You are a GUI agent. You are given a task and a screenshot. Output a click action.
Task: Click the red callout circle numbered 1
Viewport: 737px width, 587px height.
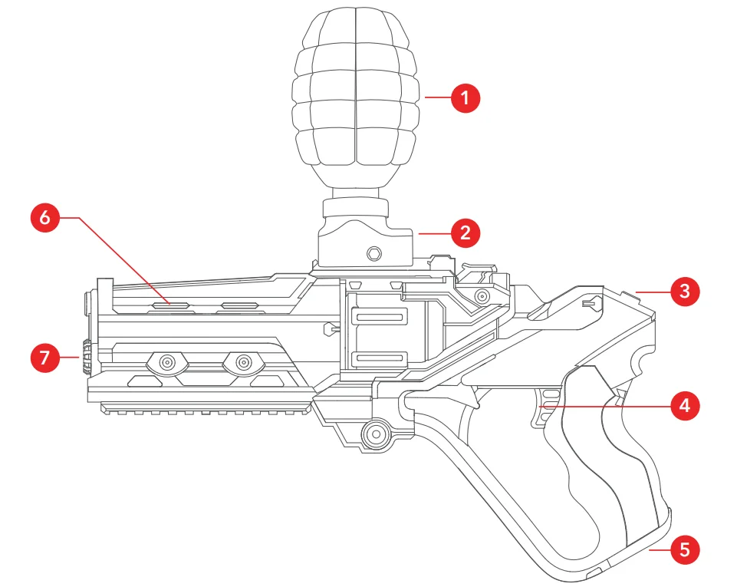pos(465,98)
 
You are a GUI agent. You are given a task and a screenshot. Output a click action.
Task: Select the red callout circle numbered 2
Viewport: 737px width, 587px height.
pos(465,231)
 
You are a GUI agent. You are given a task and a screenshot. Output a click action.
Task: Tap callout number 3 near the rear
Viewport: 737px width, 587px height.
pos(684,291)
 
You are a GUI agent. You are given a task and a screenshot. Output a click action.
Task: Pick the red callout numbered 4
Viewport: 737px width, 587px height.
pos(684,404)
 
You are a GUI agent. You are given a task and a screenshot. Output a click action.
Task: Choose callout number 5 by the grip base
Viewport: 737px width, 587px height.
pos(684,549)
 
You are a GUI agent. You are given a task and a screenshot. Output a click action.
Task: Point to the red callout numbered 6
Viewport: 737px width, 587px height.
pos(45,218)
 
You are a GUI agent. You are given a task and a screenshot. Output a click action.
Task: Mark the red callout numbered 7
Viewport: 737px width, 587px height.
pos(45,357)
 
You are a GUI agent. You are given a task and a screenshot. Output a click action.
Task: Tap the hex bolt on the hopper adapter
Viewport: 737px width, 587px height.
pos(373,252)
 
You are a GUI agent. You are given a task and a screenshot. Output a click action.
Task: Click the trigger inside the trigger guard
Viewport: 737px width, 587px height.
pos(541,404)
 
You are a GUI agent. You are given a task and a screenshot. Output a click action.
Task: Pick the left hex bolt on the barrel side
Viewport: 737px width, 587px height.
pos(165,361)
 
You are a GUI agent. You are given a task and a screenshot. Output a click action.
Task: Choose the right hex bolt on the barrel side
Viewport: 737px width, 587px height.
pos(244,361)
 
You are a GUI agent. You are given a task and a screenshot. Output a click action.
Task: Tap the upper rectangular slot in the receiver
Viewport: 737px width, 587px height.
pos(377,318)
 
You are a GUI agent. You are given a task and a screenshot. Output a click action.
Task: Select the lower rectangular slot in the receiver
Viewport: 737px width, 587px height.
pos(377,358)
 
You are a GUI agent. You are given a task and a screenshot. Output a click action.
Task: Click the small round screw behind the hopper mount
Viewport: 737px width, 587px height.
pos(481,295)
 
